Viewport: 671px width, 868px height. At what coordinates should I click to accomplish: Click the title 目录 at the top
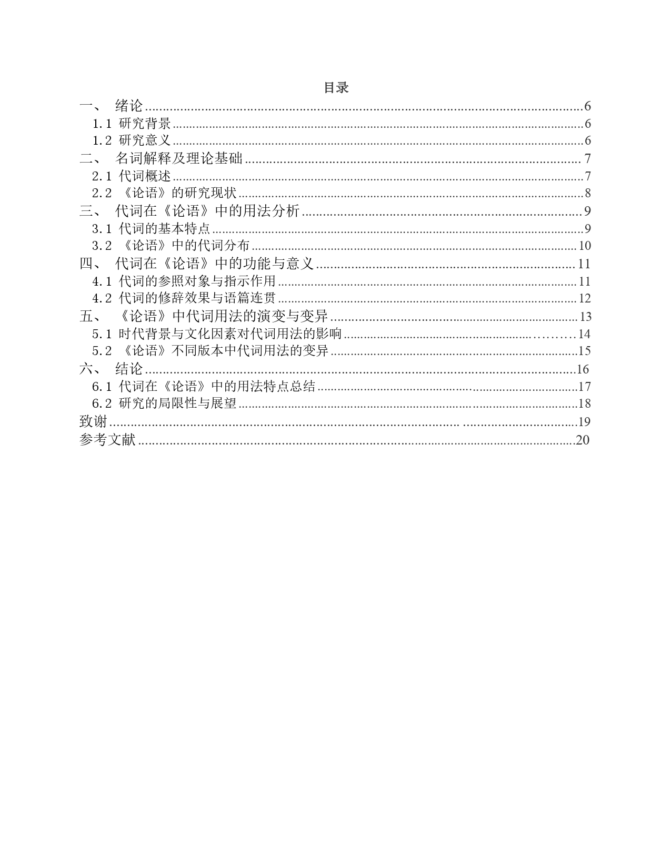pos(336,88)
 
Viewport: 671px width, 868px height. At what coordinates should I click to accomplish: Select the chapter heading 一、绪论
pos(112,106)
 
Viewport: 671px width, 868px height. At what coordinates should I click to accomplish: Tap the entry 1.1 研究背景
pos(132,124)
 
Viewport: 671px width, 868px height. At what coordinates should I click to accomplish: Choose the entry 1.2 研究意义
pos(132,140)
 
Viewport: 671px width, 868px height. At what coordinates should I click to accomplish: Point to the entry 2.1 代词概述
pos(132,176)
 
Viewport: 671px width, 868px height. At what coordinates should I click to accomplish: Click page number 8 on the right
pos(587,193)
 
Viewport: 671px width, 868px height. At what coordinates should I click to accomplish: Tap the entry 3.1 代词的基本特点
pos(152,228)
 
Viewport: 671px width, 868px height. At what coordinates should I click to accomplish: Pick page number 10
pos(585,246)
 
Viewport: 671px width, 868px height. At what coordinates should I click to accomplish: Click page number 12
pos(585,298)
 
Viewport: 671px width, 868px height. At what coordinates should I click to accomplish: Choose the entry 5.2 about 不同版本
pos(211,351)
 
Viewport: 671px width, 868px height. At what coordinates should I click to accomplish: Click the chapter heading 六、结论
pos(112,369)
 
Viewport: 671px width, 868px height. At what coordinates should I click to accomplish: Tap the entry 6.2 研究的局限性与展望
pos(165,403)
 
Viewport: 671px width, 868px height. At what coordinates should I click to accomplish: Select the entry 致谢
pos(93,421)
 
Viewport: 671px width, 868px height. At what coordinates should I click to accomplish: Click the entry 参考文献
pos(107,440)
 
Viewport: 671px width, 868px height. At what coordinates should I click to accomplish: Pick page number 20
pos(583,440)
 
